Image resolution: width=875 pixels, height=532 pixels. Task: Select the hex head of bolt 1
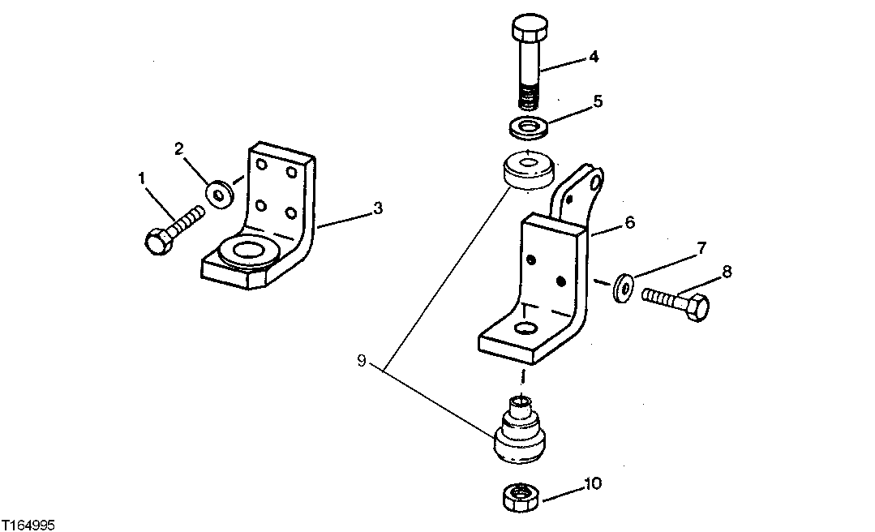[x=157, y=241]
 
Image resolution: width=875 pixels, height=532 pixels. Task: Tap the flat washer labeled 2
[x=219, y=194]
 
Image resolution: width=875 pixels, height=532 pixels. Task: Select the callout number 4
[x=594, y=57]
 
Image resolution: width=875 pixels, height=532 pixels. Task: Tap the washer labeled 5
[x=528, y=127]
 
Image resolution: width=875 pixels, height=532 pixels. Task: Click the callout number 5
[x=598, y=102]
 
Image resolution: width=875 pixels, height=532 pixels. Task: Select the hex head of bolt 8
[x=695, y=308]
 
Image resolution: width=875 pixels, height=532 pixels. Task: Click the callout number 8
[x=726, y=272]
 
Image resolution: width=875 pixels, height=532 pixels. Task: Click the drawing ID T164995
[x=29, y=526]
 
